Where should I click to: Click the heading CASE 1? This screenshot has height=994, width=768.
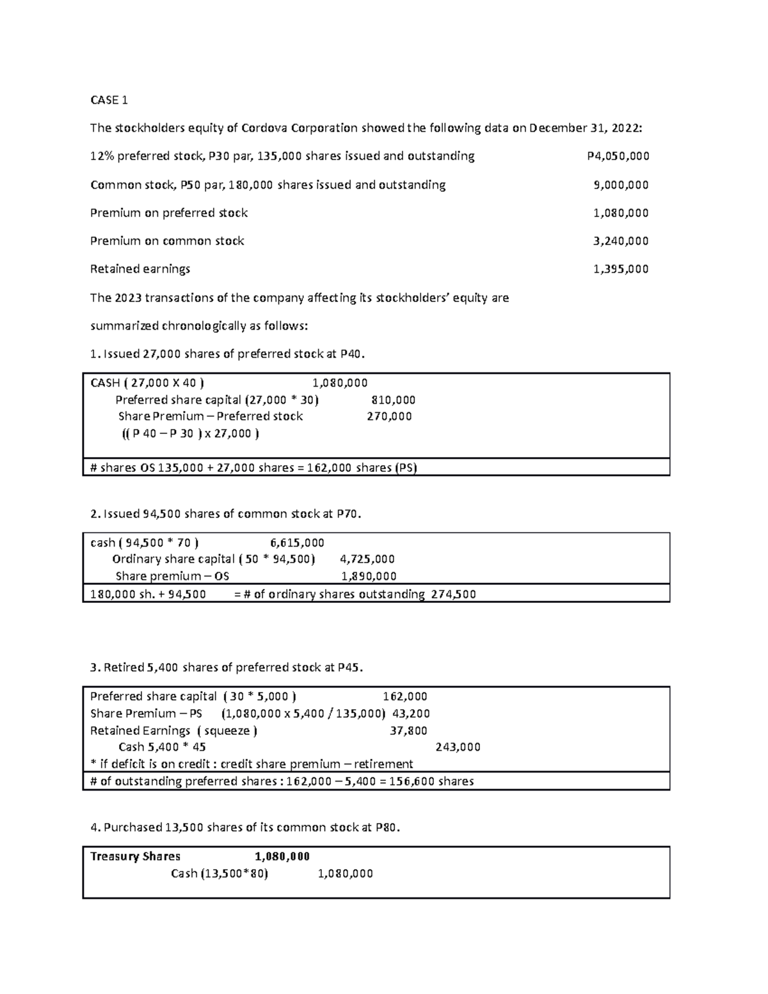[x=109, y=100]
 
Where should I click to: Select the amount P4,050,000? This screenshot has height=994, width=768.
[x=618, y=156]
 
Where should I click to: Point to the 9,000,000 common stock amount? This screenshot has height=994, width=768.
[x=621, y=185]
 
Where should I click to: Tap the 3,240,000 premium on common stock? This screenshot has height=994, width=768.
[x=621, y=241]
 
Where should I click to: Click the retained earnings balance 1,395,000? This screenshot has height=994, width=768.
[x=621, y=269]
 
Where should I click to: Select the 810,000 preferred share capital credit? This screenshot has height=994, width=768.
[x=393, y=400]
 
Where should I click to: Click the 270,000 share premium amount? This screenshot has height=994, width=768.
[x=389, y=417]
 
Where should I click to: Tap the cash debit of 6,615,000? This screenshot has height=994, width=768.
[x=297, y=543]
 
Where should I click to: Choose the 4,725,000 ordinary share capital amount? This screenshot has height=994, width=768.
[x=367, y=559]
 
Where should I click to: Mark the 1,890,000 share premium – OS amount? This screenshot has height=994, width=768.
[x=369, y=576]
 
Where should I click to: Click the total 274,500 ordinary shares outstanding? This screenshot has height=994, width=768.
[x=453, y=594]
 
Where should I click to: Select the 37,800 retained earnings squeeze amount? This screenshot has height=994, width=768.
[x=408, y=730]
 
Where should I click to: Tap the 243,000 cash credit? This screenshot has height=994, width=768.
[x=458, y=747]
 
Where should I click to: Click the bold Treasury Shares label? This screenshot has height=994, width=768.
[x=135, y=856]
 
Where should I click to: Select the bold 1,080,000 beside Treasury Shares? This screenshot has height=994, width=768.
[x=282, y=856]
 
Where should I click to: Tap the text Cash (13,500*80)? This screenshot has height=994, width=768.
[x=219, y=874]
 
